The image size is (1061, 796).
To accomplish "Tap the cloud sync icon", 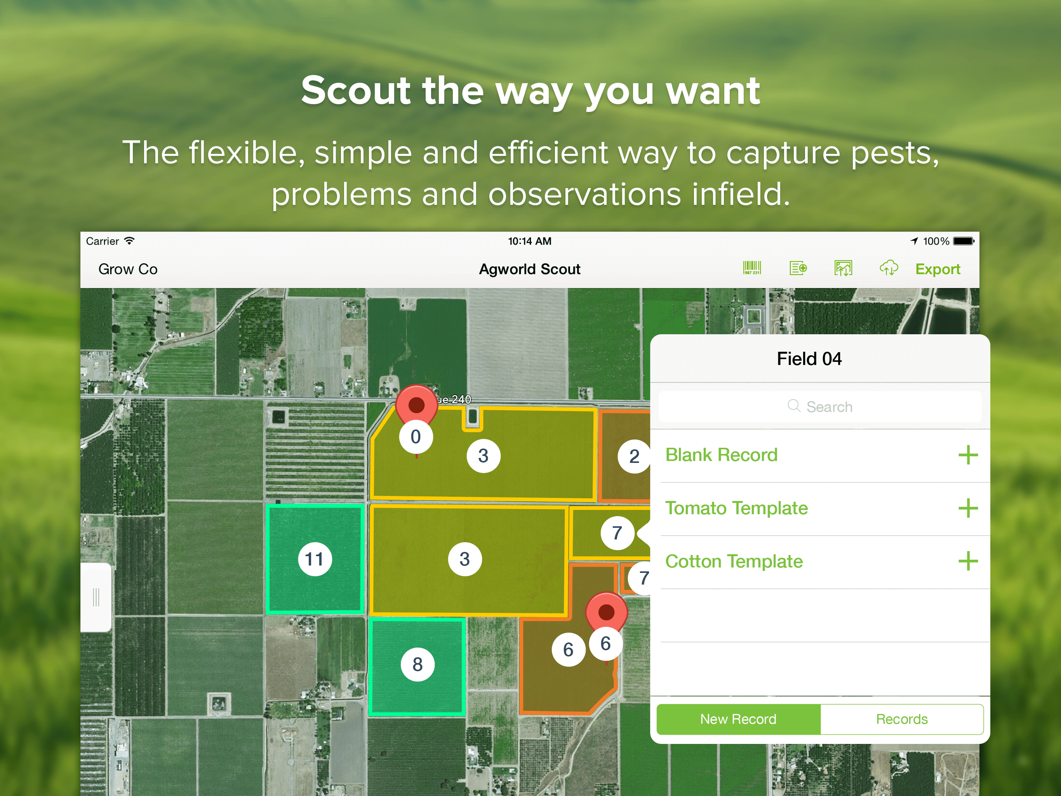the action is click(x=888, y=268).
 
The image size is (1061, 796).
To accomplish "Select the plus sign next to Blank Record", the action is click(x=968, y=455).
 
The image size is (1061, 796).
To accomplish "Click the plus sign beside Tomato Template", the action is click(x=968, y=508).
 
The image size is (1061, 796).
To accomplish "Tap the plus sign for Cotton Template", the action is click(x=968, y=561).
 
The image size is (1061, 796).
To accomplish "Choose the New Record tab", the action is click(x=738, y=719).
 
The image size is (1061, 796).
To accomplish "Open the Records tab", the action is click(x=902, y=719).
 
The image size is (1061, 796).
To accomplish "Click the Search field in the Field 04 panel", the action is click(x=820, y=407).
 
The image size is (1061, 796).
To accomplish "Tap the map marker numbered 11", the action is click(x=315, y=559).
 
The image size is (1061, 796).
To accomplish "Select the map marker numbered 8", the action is click(x=417, y=665).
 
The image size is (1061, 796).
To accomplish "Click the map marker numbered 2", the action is click(x=634, y=456).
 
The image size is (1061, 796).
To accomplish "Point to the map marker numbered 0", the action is click(x=416, y=437).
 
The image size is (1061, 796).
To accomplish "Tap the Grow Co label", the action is click(x=128, y=269).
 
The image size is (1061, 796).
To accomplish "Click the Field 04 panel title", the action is click(x=809, y=359).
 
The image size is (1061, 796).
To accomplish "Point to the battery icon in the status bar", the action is click(x=964, y=241).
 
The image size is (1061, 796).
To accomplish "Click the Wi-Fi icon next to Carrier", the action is click(x=129, y=241).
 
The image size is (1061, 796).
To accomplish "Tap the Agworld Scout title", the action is click(x=530, y=269).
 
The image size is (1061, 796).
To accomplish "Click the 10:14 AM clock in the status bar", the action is click(x=530, y=241).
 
